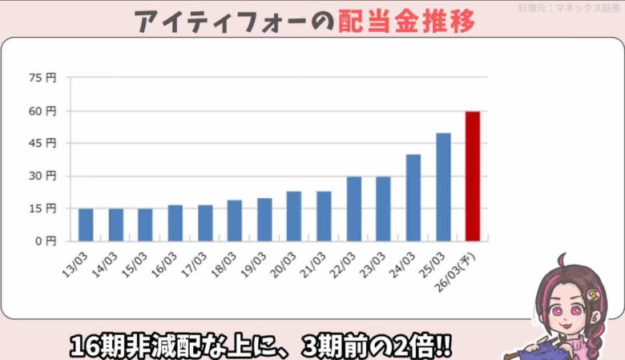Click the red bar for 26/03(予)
[x=473, y=176]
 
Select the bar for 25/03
[x=443, y=187]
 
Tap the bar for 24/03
[x=413, y=197]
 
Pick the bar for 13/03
[x=86, y=224]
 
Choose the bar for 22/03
[x=353, y=208]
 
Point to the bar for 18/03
[x=235, y=220]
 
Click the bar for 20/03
[x=294, y=216]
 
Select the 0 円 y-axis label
[x=45, y=241]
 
